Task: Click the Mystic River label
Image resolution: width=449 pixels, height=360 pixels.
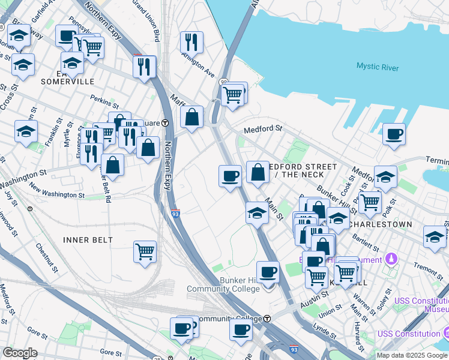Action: [x=377, y=67]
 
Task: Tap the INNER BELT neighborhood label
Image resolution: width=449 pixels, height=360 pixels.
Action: [x=88, y=240]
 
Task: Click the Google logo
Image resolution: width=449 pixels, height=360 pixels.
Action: [x=20, y=352]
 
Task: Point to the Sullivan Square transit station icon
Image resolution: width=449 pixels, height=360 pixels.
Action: [x=165, y=122]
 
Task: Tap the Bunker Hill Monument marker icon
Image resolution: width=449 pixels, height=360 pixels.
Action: [x=391, y=259]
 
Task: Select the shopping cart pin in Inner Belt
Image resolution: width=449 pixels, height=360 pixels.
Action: [x=145, y=251]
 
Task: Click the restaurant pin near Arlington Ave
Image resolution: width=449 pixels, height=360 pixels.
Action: [x=191, y=41]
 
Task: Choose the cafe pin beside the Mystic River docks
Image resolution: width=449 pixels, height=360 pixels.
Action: [x=394, y=134]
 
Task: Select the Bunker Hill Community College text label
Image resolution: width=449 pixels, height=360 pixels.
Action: [x=216, y=284]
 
